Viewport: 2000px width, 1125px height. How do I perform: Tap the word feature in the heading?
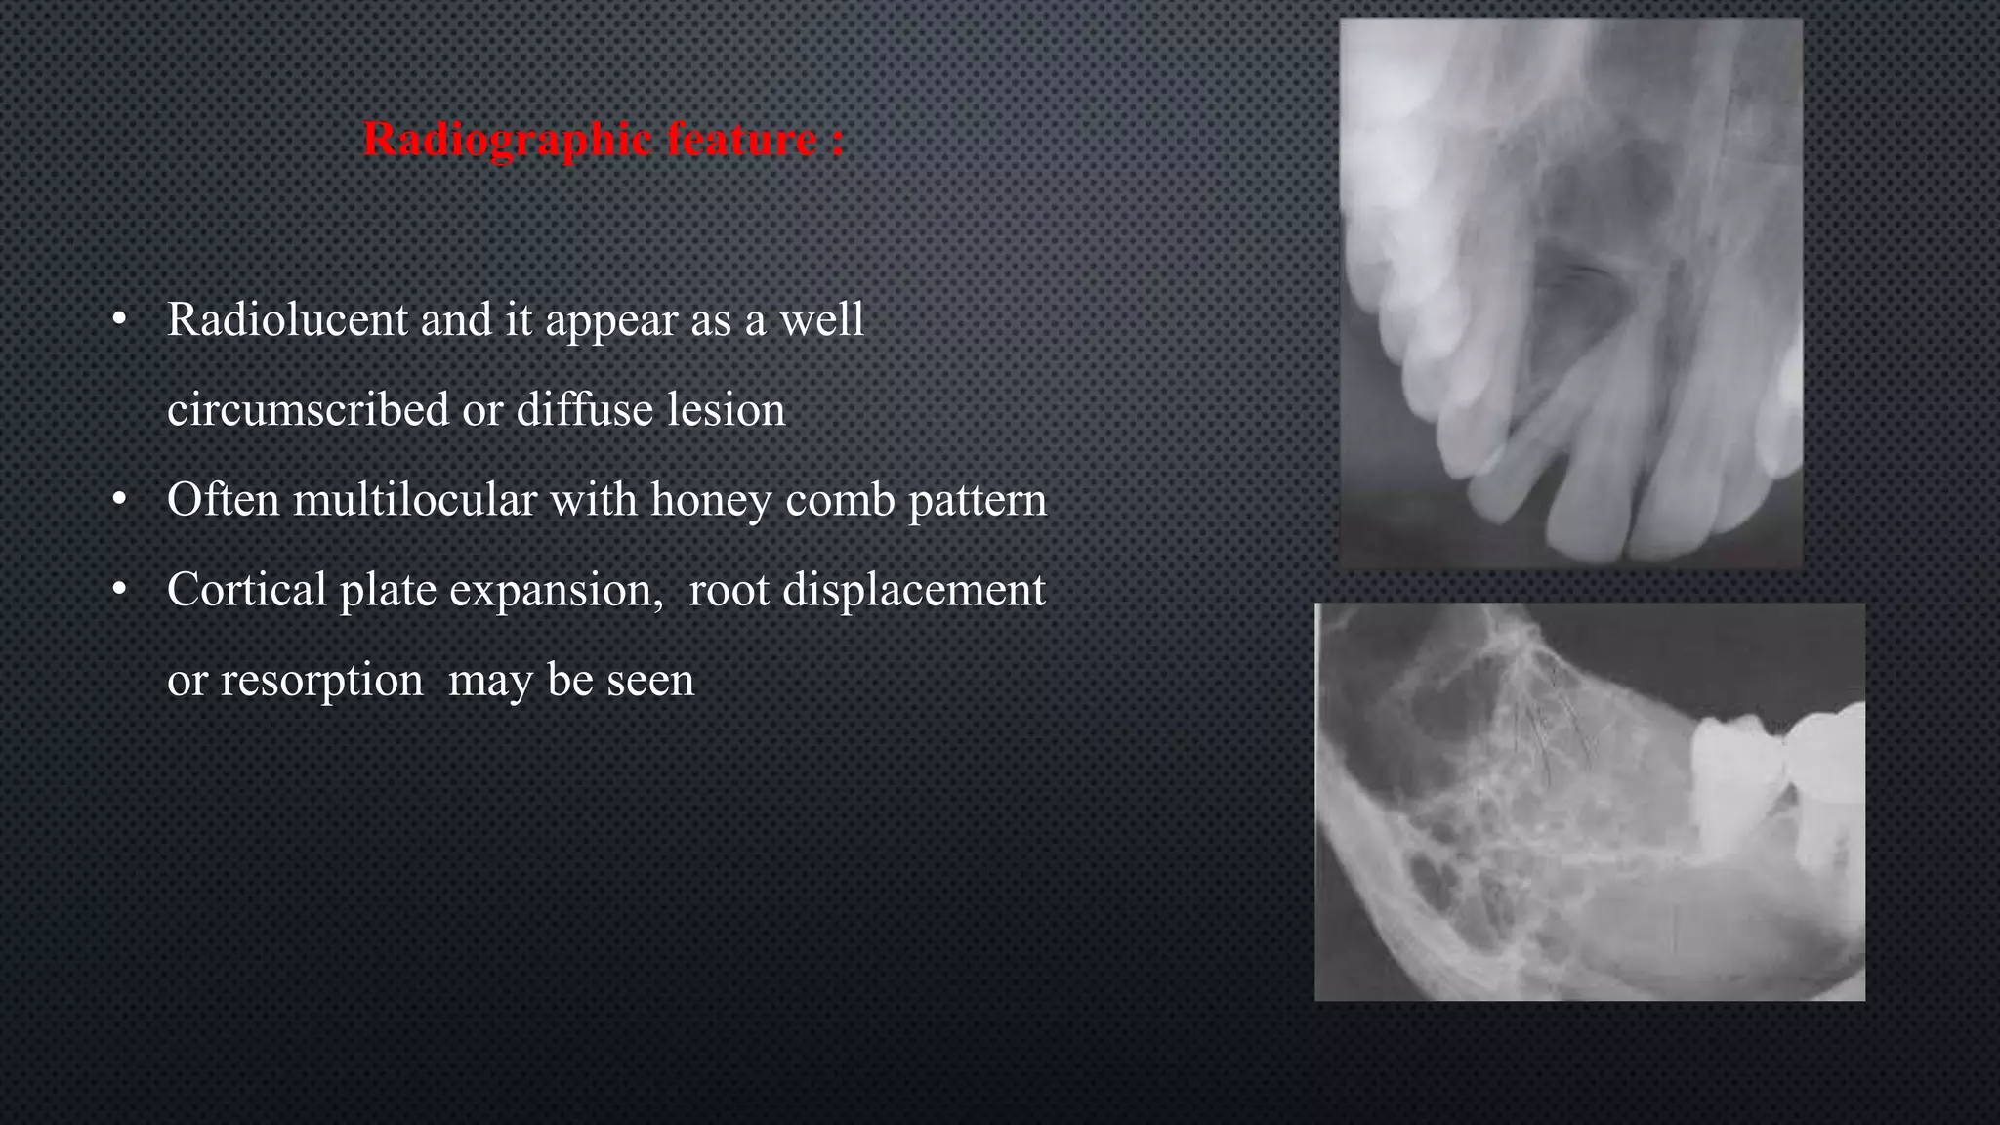(741, 141)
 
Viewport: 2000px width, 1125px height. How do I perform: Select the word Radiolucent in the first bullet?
(287, 319)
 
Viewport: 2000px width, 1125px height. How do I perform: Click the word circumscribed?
(308, 409)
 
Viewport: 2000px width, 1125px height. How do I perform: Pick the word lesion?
(726, 409)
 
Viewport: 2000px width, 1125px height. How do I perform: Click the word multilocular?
(415, 500)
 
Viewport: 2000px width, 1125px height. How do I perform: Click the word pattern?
(978, 500)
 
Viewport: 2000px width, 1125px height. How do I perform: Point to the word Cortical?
(246, 590)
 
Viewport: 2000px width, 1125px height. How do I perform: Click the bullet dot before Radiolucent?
(120, 320)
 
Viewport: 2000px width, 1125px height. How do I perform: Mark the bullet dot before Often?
(120, 501)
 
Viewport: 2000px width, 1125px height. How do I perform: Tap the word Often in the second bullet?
(224, 500)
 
